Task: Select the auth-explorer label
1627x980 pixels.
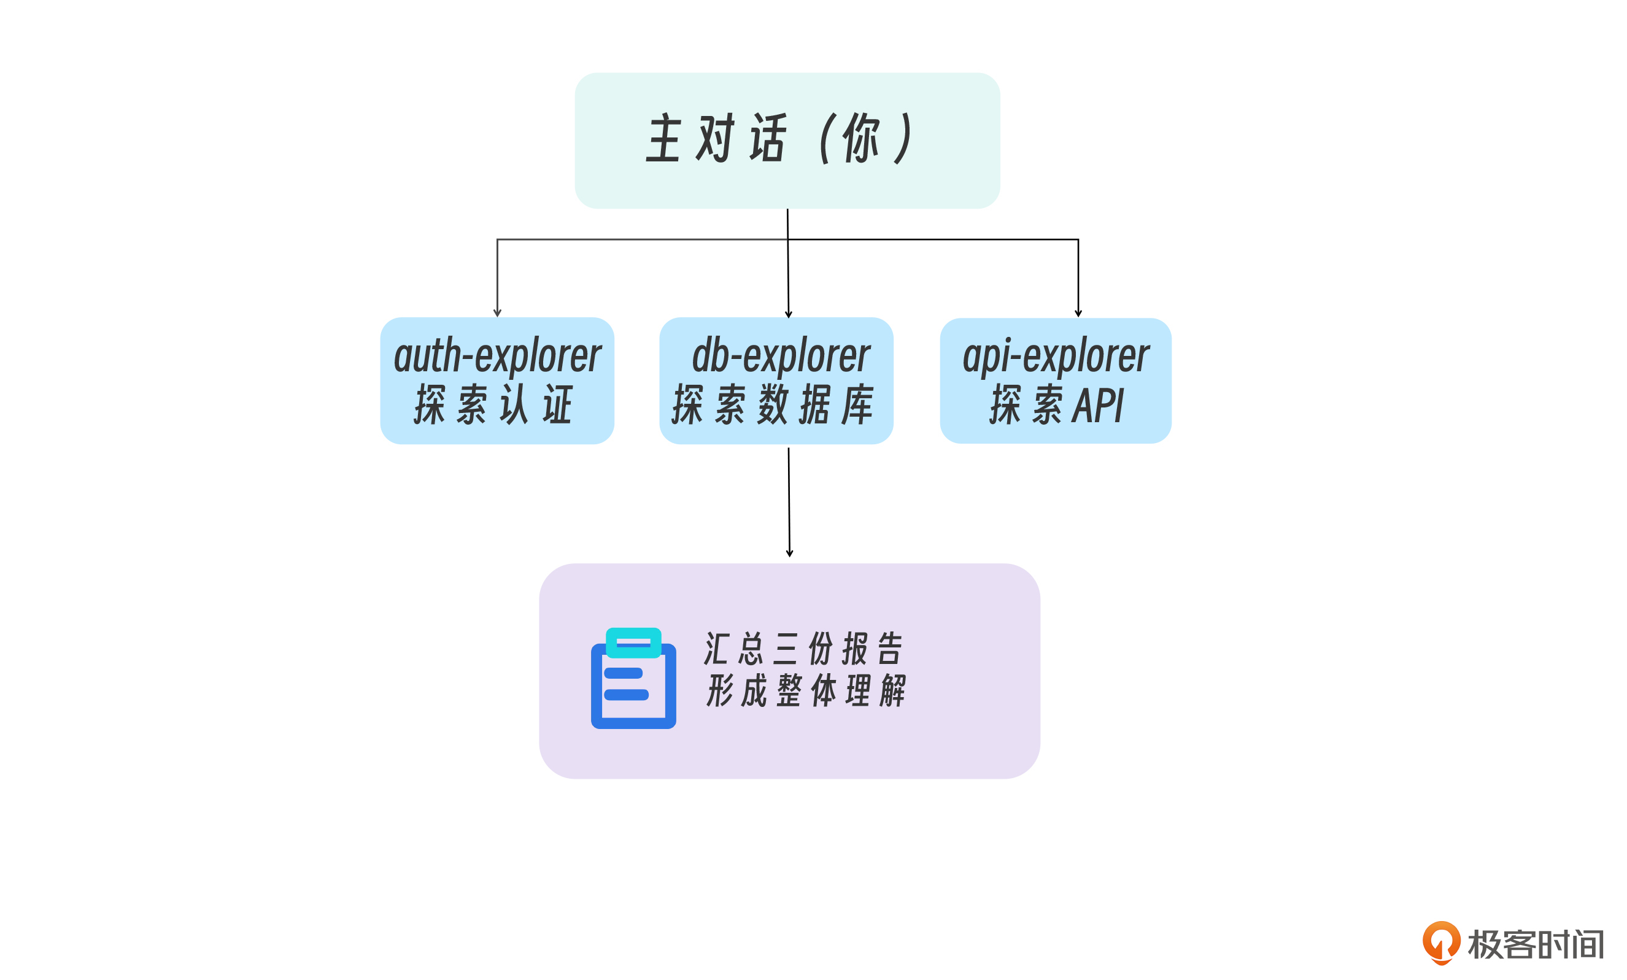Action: click(497, 356)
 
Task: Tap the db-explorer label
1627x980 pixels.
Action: click(781, 356)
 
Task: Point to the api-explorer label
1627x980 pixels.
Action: click(1056, 356)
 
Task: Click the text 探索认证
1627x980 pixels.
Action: click(493, 405)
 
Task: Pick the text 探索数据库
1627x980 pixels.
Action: click(774, 405)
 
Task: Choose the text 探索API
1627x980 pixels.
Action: click(1056, 405)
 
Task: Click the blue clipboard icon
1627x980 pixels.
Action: click(633, 687)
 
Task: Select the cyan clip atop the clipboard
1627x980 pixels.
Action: click(633, 642)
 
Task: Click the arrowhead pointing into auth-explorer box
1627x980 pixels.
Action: click(497, 313)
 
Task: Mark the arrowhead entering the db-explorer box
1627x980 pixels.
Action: click(789, 314)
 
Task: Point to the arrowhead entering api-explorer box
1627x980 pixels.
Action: click(1078, 313)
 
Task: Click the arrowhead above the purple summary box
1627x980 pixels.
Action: click(790, 554)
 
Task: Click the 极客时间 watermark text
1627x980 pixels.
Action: click(1535, 945)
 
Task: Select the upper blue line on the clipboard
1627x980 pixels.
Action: click(624, 674)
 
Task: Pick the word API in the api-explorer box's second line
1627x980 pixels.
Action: click(1097, 405)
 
